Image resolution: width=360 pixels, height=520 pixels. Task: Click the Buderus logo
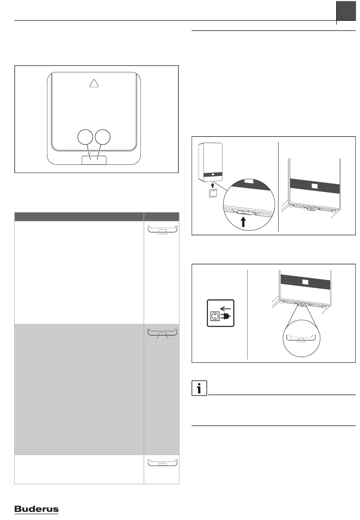(36, 509)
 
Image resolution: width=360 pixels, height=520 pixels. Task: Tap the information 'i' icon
(199, 388)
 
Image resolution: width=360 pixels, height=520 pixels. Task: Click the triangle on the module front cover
(94, 83)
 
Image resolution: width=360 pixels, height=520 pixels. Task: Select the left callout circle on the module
(85, 137)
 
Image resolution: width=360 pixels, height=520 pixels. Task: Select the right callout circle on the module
(103, 137)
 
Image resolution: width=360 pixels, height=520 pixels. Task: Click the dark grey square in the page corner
(346, 11)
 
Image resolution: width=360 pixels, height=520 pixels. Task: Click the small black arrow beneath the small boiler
(212, 185)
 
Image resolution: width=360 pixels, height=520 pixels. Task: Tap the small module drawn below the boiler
(212, 194)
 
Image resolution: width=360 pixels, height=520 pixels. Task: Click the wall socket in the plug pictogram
(214, 316)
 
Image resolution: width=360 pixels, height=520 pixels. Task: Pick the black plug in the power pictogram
(227, 316)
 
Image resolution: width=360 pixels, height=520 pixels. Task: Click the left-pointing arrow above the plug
(225, 309)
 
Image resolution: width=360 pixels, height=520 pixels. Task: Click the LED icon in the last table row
(163, 462)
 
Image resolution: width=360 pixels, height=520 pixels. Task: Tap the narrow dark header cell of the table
(161, 216)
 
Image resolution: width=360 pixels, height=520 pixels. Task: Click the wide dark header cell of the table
(79, 216)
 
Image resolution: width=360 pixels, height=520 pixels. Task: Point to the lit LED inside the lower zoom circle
(301, 339)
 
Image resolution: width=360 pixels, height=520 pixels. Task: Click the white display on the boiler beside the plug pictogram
(305, 282)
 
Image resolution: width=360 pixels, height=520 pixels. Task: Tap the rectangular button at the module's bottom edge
(94, 160)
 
